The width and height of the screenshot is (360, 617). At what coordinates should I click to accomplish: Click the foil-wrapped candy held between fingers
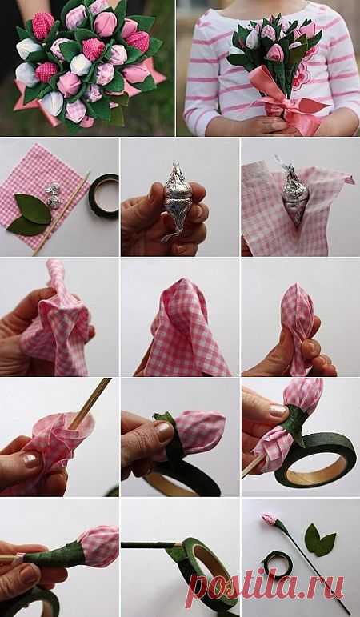[177, 201]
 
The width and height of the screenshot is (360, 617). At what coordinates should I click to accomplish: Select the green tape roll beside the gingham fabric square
[104, 196]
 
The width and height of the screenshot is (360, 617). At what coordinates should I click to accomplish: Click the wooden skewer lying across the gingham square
[62, 214]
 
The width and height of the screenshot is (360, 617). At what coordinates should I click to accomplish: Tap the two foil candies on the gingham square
[53, 195]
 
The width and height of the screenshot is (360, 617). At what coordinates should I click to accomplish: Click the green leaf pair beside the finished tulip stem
[319, 540]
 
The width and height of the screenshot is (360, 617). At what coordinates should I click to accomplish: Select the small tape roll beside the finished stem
[278, 565]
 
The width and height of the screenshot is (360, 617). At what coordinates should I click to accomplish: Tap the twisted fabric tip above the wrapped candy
[55, 275]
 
